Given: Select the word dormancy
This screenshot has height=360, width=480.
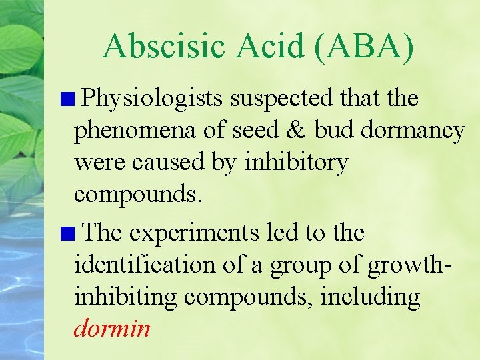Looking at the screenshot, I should click(x=413, y=131).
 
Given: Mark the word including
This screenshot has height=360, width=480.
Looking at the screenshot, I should click(x=370, y=297).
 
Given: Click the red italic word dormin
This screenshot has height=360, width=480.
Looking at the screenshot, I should click(x=112, y=329).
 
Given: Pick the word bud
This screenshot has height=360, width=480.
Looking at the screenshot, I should click(x=334, y=131).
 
